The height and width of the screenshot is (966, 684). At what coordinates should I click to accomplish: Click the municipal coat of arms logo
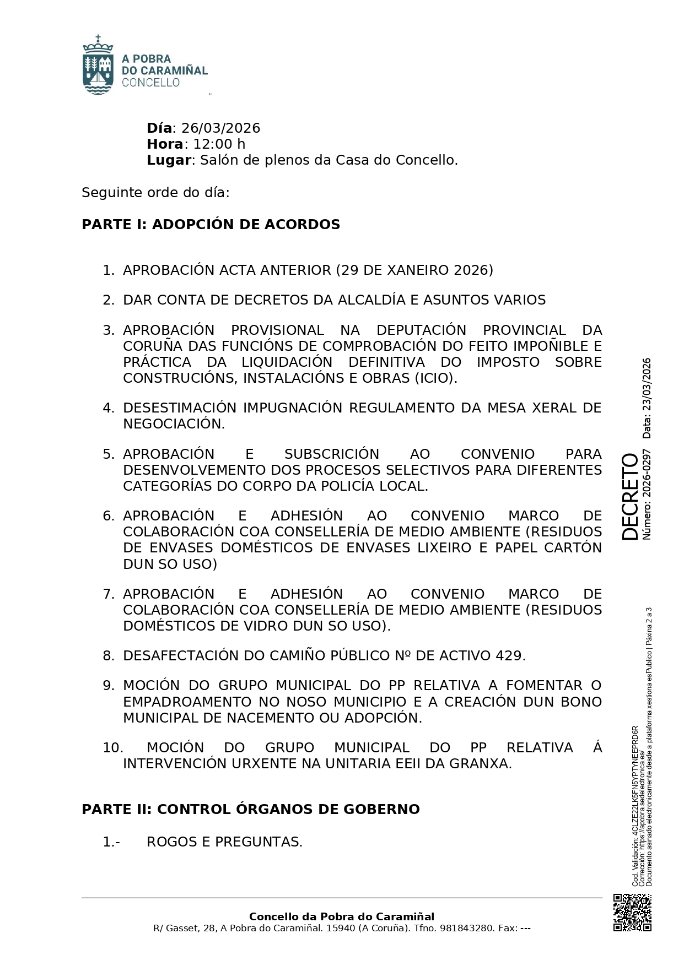click(x=98, y=65)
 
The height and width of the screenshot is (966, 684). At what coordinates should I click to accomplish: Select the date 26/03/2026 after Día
click(x=220, y=128)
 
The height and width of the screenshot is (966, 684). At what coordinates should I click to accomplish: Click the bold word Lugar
click(x=168, y=160)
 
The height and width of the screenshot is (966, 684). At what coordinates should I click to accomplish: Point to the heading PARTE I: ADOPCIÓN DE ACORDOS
click(x=211, y=225)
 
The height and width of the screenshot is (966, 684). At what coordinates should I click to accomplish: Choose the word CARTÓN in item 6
click(x=575, y=548)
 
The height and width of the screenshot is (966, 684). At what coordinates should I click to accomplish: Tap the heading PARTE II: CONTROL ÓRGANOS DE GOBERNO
click(x=250, y=810)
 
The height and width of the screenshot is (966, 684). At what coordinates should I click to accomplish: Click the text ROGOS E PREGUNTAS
click(x=224, y=842)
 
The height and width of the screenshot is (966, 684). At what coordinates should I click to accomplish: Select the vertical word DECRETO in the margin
click(x=629, y=496)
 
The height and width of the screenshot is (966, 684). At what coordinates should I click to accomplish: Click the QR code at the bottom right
click(x=632, y=913)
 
